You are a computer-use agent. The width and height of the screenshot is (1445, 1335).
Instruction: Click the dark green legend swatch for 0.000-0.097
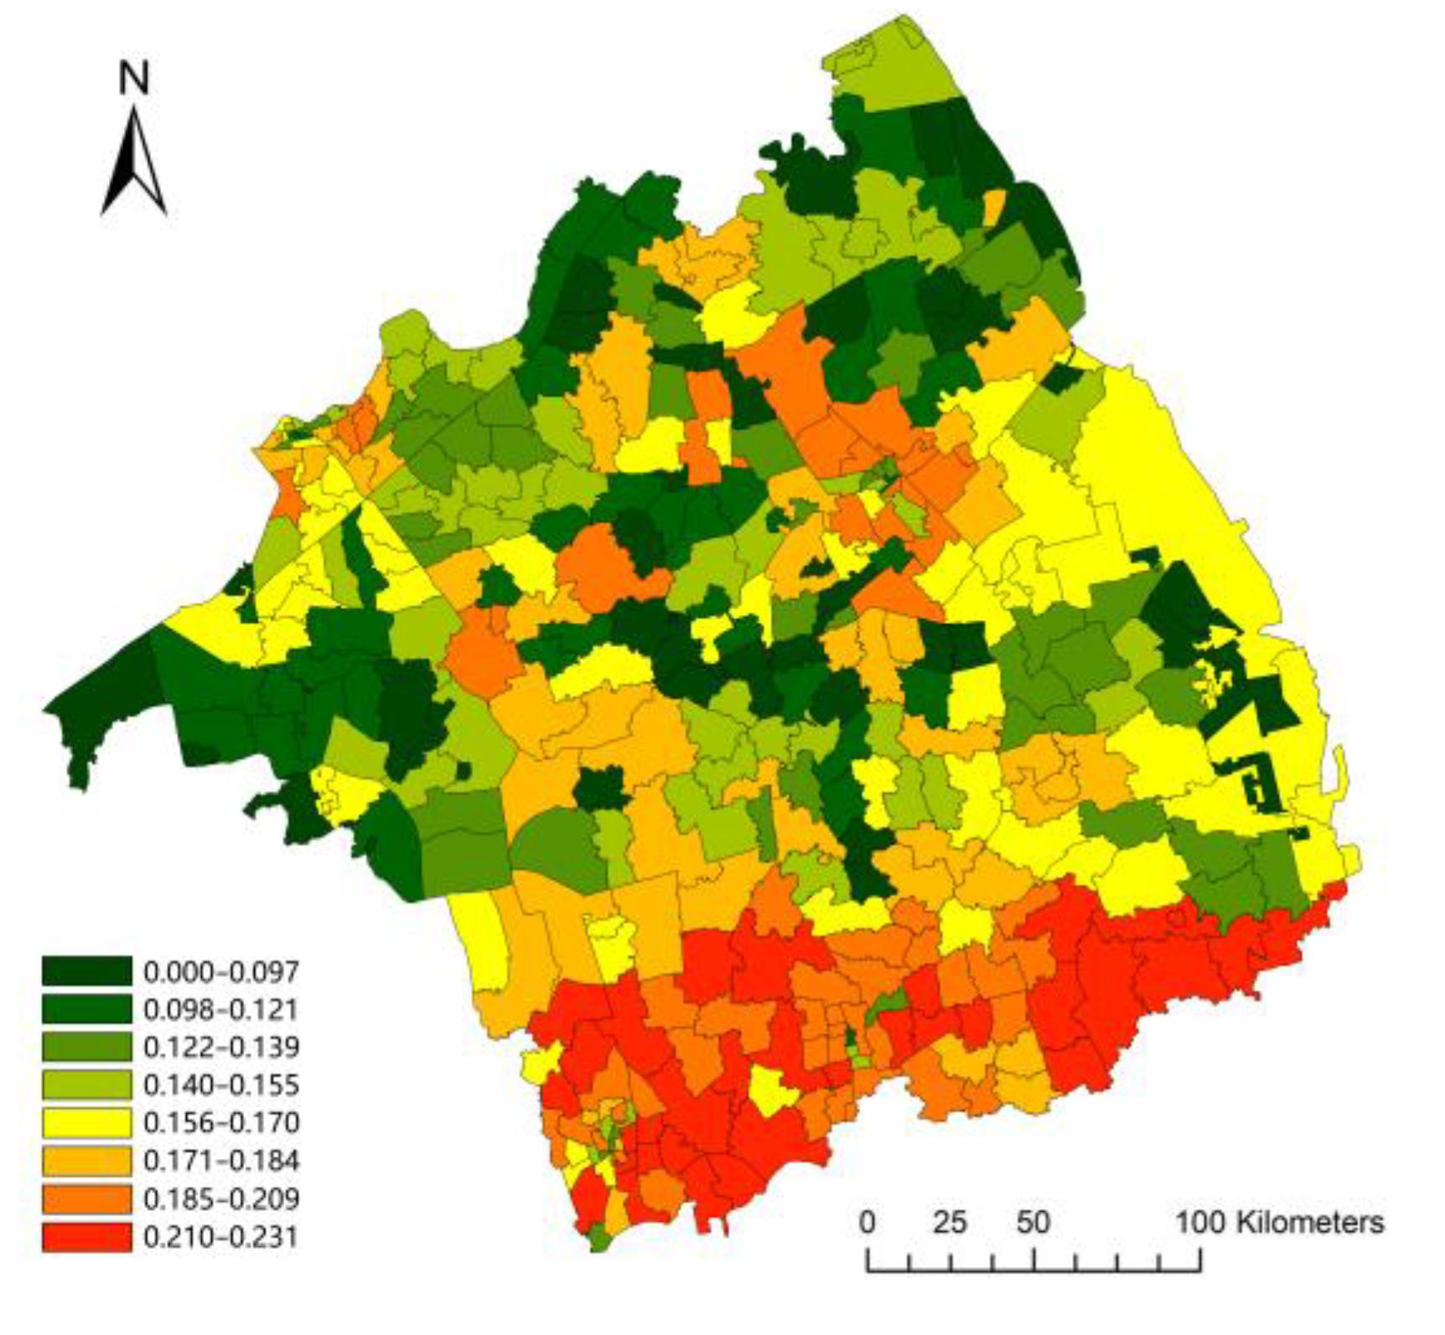[86, 970]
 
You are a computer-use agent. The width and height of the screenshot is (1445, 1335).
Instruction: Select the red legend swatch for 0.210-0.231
[86, 1237]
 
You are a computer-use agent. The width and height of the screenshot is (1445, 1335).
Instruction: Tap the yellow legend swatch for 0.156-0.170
[86, 1122]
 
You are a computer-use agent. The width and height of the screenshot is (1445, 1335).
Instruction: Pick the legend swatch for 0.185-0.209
[86, 1198]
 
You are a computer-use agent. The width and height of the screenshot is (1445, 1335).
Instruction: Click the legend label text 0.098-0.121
[220, 1009]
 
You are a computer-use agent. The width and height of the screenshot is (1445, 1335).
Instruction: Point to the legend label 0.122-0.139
[220, 1047]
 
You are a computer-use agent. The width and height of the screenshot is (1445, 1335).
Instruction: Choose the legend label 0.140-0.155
[220, 1084]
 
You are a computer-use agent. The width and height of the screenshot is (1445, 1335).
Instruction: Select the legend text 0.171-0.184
[220, 1161]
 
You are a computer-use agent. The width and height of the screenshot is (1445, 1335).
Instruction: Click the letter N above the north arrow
[134, 78]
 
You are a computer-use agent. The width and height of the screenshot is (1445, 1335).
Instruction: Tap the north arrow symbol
[134, 163]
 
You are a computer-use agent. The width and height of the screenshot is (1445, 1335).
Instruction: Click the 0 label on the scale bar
[867, 1222]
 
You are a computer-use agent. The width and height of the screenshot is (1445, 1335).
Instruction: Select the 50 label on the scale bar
[1033, 1222]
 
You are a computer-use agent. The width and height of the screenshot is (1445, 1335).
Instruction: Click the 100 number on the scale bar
[1200, 1222]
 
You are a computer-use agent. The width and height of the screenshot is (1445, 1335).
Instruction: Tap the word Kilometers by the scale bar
[1310, 1222]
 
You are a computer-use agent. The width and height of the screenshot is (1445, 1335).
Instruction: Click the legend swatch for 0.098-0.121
[86, 1009]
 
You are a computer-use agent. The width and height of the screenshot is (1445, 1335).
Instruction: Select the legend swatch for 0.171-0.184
[86, 1161]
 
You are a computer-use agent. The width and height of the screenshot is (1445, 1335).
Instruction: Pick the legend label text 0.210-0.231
[220, 1237]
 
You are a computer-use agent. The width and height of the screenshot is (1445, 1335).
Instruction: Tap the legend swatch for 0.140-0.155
[86, 1084]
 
